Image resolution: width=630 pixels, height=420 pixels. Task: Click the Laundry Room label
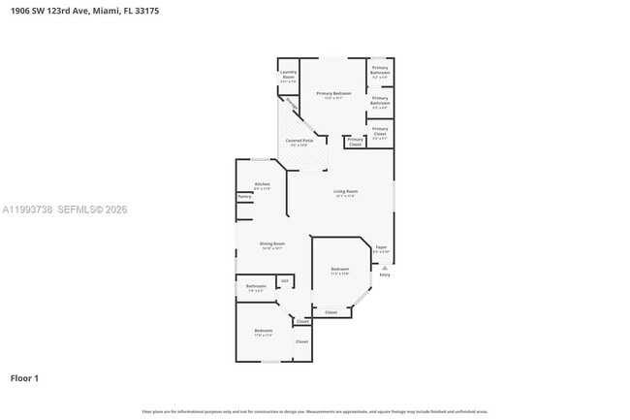288,74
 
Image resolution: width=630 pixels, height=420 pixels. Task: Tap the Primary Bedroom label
333,93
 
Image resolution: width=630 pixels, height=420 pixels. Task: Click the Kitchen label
262,183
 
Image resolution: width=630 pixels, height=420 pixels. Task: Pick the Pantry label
244,196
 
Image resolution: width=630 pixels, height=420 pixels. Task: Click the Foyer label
381,246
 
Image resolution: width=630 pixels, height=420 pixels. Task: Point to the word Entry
385,275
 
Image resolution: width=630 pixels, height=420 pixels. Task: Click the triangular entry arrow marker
385,267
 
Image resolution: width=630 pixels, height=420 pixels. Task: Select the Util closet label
284,281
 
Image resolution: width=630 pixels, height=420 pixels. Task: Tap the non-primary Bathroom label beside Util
256,286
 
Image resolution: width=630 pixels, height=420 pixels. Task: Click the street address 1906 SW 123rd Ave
39,11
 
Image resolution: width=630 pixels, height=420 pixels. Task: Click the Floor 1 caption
24,377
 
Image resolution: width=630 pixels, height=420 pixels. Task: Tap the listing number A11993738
26,210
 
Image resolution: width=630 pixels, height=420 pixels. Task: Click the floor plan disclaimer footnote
315,411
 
